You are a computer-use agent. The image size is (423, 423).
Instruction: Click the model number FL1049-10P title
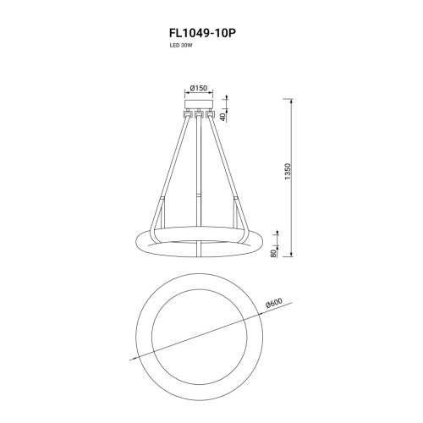(x=202, y=33)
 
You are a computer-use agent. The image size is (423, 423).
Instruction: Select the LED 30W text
(x=177, y=46)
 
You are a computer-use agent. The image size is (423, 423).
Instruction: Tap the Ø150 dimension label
(x=199, y=88)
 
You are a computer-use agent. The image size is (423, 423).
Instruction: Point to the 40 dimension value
(x=222, y=117)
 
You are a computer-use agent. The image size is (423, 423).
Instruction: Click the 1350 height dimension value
(x=288, y=172)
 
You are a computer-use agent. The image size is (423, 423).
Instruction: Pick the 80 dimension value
(x=273, y=253)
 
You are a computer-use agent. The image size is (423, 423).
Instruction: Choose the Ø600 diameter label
(x=274, y=303)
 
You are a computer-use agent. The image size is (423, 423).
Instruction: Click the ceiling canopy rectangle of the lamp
(x=199, y=104)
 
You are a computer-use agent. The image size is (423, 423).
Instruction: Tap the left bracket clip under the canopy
(x=188, y=114)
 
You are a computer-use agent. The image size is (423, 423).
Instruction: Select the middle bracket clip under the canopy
(x=199, y=114)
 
